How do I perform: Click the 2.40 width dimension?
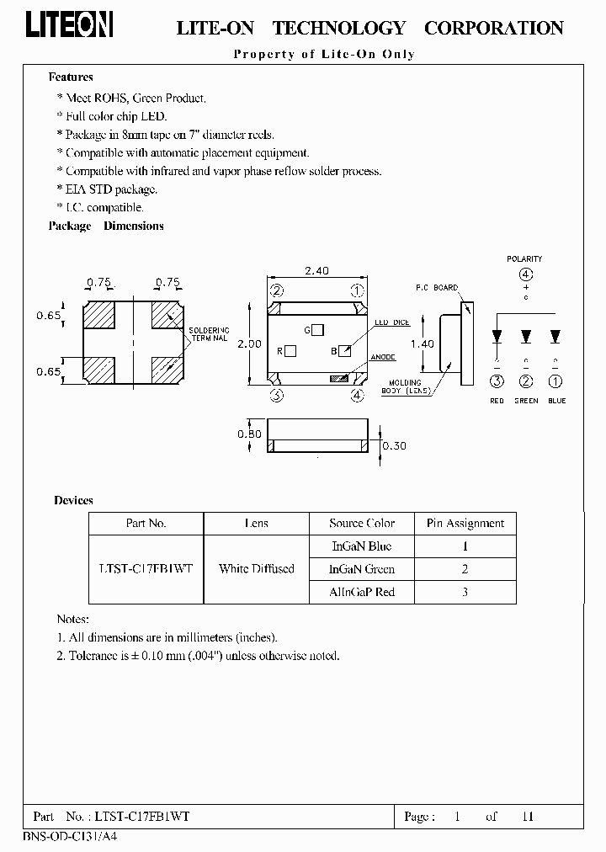tap(316, 271)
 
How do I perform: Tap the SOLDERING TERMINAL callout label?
tap(208, 333)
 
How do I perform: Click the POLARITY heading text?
tap(524, 258)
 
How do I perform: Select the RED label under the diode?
tap(497, 401)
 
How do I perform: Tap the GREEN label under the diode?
tap(526, 401)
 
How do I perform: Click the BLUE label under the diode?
tap(556, 401)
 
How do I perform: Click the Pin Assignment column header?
tap(465, 523)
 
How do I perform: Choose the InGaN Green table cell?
tap(362, 568)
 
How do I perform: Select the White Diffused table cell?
tap(256, 568)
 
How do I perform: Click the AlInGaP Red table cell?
tap(362, 592)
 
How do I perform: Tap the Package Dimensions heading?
tap(106, 226)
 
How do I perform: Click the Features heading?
tap(71, 77)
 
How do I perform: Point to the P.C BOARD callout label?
tap(437, 288)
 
